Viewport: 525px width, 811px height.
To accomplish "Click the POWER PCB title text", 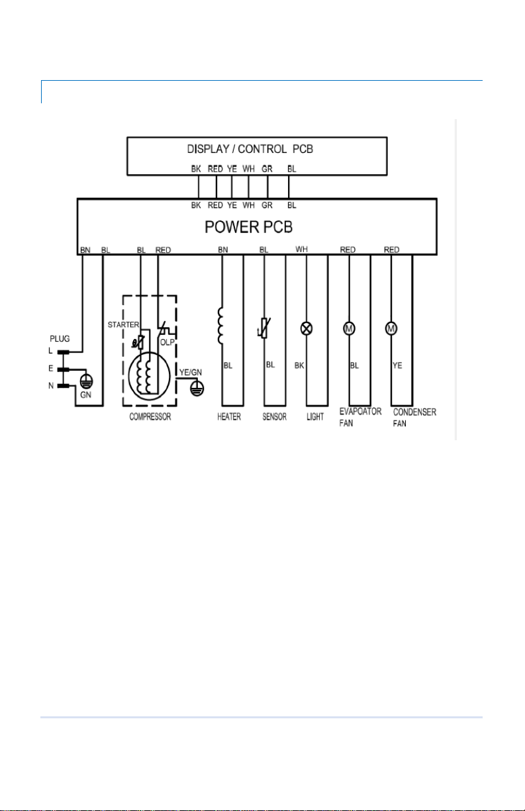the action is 248,227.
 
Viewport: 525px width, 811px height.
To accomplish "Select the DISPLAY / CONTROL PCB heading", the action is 250,149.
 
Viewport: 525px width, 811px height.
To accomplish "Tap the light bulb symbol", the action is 307,328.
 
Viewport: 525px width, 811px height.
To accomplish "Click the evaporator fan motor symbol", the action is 349,328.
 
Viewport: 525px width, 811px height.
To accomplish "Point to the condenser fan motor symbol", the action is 391,328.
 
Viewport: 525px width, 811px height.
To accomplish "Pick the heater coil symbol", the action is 220,326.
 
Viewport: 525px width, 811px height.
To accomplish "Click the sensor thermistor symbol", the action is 264,328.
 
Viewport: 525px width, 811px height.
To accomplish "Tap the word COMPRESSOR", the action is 150,416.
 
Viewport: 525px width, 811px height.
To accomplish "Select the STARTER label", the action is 123,325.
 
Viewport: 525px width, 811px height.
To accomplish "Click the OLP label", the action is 167,342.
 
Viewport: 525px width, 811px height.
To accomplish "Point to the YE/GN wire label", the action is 191,373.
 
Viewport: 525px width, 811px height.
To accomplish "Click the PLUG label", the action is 60,338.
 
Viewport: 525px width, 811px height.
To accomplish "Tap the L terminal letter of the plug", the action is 50,351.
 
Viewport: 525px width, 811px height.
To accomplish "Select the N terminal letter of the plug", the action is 51,385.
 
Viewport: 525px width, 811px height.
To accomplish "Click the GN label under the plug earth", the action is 86,395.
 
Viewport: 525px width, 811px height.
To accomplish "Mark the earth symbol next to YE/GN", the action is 197,388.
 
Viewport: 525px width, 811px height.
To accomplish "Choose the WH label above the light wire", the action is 302,249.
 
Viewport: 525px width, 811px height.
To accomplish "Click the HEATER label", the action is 229,416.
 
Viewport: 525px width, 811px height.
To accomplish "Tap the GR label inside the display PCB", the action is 267,169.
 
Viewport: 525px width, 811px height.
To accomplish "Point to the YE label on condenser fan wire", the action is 397,365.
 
